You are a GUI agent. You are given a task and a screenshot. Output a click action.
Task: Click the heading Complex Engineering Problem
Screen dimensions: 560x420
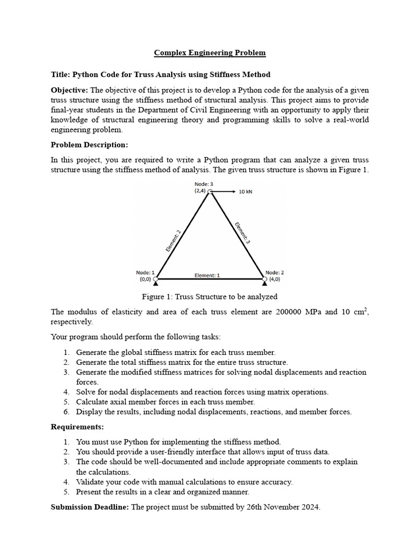point(210,53)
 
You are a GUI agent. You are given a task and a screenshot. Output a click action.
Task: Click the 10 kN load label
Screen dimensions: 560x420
point(246,192)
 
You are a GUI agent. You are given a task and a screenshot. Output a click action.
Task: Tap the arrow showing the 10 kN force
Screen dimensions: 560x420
point(224,192)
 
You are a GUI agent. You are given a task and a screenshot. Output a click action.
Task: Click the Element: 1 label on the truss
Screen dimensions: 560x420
point(207,276)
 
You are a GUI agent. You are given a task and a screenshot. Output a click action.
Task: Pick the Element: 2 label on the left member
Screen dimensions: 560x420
point(173,240)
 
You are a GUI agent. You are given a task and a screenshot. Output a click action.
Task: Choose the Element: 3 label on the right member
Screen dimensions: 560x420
point(242,232)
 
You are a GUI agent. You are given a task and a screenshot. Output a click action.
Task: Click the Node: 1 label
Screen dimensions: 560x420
point(145,272)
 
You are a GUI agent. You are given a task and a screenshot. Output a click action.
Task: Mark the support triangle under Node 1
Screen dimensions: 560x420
point(156,283)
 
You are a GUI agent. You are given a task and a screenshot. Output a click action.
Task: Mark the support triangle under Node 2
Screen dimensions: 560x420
point(265,283)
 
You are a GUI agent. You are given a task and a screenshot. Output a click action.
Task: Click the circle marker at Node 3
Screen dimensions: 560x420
point(211,192)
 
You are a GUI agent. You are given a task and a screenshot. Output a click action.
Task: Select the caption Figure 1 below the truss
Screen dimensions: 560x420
point(209,296)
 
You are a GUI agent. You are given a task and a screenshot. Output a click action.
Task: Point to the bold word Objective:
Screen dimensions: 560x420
point(69,90)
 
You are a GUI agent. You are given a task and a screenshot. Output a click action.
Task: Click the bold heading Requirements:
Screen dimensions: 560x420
point(77,426)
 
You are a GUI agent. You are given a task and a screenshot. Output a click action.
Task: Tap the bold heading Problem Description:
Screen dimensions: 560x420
point(89,145)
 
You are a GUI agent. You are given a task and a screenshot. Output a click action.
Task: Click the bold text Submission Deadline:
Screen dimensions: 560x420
point(90,507)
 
